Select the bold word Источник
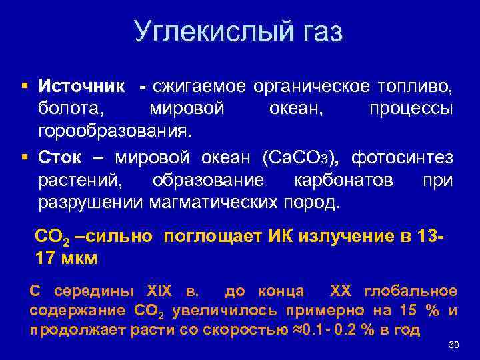coord(81,87)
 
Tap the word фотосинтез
coord(403,159)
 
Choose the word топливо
coord(416,87)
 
